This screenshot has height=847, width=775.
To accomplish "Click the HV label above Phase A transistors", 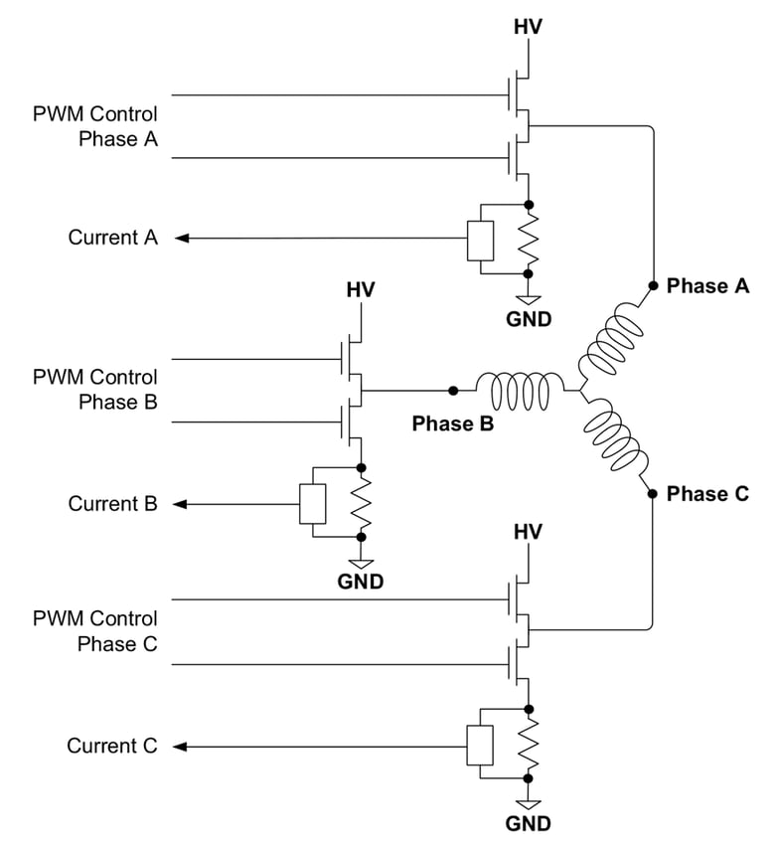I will pyautogui.click(x=528, y=27).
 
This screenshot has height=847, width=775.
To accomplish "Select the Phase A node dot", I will pyautogui.click(x=653, y=286).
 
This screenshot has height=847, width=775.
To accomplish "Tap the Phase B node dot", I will pyautogui.click(x=453, y=391).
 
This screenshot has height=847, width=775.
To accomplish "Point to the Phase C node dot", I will pyautogui.click(x=653, y=494).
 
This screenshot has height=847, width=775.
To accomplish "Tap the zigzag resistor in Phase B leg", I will pyautogui.click(x=361, y=503).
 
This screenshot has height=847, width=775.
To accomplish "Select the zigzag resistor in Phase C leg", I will pyautogui.click(x=529, y=746).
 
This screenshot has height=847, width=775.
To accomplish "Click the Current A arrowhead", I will pyautogui.click(x=180, y=239).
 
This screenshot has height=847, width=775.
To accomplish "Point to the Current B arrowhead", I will pyautogui.click(x=180, y=504).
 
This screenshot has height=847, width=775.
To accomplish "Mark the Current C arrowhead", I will pyautogui.click(x=180, y=747).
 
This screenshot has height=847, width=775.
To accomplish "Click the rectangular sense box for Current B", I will pyautogui.click(x=313, y=503).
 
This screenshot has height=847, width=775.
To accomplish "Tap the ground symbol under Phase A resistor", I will pyautogui.click(x=529, y=299).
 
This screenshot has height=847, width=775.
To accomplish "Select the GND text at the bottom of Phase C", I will pyautogui.click(x=528, y=824).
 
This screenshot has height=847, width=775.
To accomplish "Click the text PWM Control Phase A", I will pyautogui.click(x=95, y=127).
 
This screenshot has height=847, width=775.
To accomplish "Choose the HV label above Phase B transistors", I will pyautogui.click(x=361, y=290).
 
